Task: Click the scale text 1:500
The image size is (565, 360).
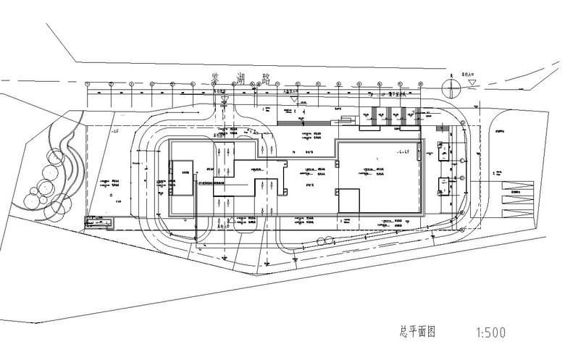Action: pos(490,334)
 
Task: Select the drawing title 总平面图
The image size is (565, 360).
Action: pos(417,332)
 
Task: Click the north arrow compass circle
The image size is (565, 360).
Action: pos(453,88)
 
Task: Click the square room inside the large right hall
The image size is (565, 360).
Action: pos(349,200)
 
